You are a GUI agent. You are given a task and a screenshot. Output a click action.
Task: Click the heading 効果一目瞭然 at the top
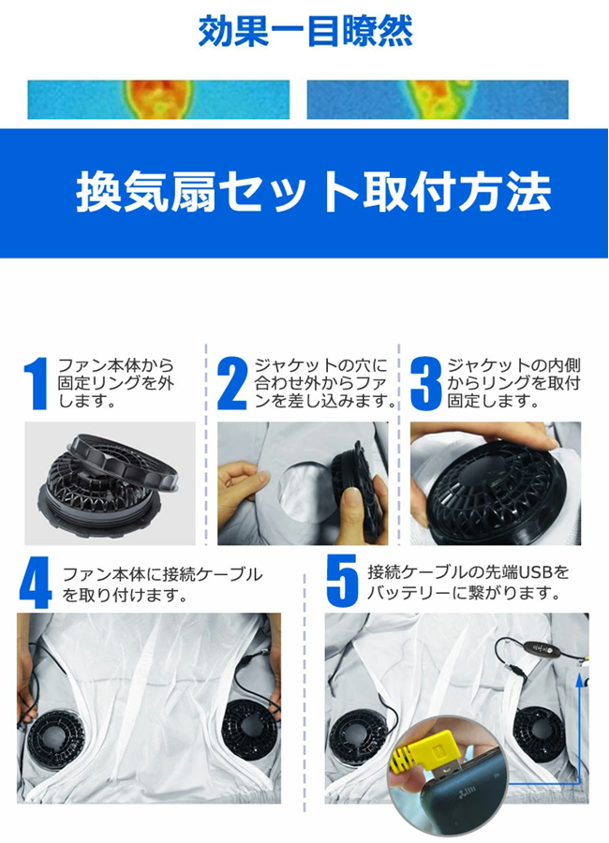(305, 31)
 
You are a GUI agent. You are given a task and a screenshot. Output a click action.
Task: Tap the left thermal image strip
(158, 99)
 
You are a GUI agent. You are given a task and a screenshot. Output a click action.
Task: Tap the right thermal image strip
(438, 99)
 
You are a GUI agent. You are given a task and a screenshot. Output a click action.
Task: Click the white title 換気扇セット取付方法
(314, 192)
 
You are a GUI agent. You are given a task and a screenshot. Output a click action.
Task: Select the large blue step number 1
(37, 384)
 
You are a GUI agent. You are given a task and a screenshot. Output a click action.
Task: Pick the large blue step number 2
(231, 384)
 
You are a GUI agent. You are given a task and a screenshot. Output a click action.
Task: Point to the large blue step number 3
(425, 384)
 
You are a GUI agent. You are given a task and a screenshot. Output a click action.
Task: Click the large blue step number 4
(36, 583)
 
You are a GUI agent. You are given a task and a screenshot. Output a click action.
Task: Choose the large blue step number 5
(342, 581)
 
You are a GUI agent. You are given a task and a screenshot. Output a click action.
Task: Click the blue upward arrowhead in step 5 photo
(578, 681)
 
